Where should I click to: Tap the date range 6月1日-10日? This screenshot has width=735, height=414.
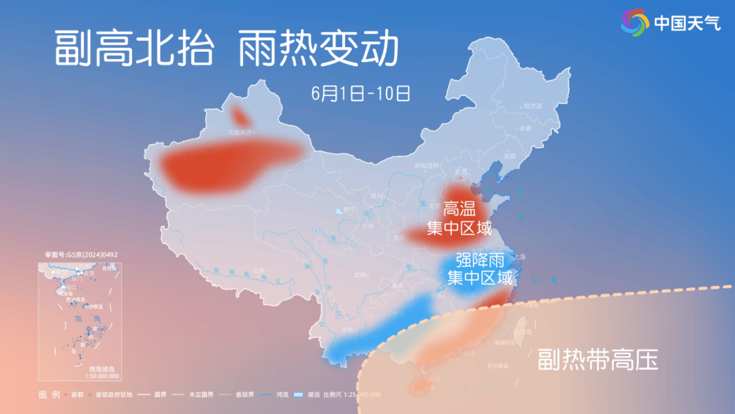click(x=361, y=93)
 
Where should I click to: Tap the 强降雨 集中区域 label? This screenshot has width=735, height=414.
click(x=479, y=268)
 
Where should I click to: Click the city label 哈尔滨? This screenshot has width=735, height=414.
click(x=532, y=107)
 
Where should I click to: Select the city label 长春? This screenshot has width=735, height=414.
click(x=525, y=129)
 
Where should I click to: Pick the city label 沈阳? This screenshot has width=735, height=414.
click(x=510, y=155)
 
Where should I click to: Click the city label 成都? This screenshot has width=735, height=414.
click(x=359, y=275)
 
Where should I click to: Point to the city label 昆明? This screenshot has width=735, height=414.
click(x=347, y=330)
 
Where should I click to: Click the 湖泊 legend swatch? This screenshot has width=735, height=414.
click(x=297, y=395)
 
